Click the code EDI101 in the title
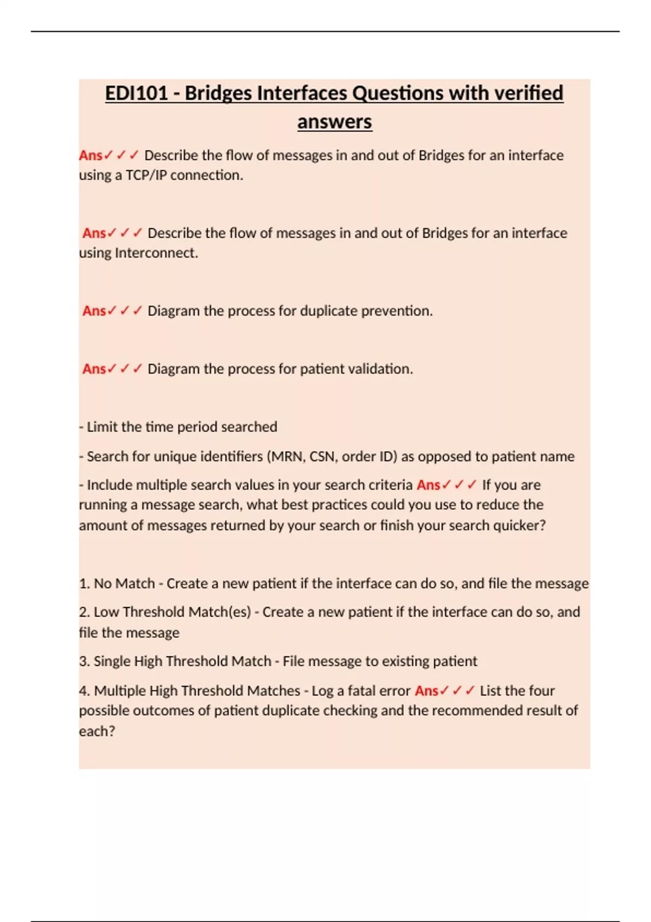click(x=136, y=93)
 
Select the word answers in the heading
click(x=334, y=121)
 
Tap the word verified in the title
click(x=528, y=93)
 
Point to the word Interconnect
click(x=156, y=253)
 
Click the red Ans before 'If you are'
click(x=428, y=485)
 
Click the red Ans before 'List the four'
click(x=426, y=690)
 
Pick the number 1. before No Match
click(x=84, y=584)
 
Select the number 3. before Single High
click(x=84, y=661)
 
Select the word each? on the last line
click(x=97, y=731)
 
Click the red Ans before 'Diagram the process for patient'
click(x=94, y=369)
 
